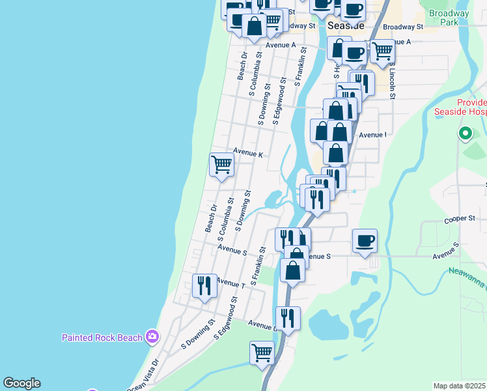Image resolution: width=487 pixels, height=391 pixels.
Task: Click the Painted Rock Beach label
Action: [102, 338]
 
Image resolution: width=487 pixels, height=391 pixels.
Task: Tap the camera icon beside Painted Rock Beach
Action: [152, 336]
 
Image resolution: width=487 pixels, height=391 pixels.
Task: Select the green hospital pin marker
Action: [465, 134]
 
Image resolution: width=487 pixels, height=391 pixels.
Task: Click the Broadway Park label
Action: [449, 18]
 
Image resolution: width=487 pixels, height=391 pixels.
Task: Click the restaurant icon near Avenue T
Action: [204, 285]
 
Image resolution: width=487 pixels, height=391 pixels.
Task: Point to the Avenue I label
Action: [372, 135]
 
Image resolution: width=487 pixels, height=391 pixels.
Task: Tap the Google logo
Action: [21, 383]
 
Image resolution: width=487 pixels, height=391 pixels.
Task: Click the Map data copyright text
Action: [460, 386]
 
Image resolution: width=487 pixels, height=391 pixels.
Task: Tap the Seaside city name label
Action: [346, 25]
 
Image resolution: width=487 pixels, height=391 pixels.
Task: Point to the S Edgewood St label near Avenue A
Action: [279, 101]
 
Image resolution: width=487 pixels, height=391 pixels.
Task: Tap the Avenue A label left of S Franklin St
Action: [281, 45]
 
